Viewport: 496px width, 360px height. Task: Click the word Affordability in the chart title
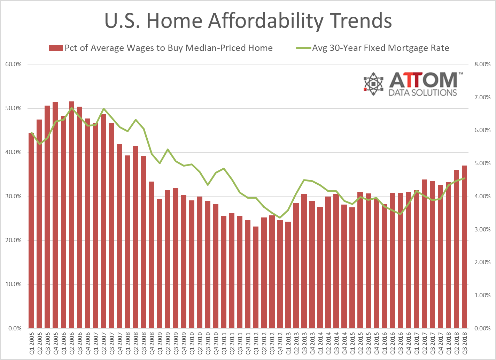(266, 21)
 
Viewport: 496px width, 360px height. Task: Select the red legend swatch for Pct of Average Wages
(56, 48)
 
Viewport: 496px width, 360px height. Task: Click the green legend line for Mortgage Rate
(303, 48)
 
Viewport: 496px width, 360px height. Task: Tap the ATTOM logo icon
(373, 84)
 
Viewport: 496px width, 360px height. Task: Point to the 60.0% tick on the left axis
(13, 64)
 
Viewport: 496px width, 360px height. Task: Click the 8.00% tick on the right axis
(482, 64)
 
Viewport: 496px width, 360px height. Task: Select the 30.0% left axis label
(13, 197)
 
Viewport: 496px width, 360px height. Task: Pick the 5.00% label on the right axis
(482, 163)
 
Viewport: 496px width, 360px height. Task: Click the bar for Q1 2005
(31, 230)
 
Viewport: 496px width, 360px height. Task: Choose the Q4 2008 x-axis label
(152, 343)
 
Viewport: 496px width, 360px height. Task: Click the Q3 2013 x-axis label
(304, 343)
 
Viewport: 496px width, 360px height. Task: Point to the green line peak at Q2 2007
(103, 109)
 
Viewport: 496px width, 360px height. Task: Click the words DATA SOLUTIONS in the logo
(423, 92)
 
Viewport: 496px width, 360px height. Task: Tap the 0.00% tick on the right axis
(482, 328)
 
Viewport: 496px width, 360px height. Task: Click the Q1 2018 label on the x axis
(449, 343)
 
